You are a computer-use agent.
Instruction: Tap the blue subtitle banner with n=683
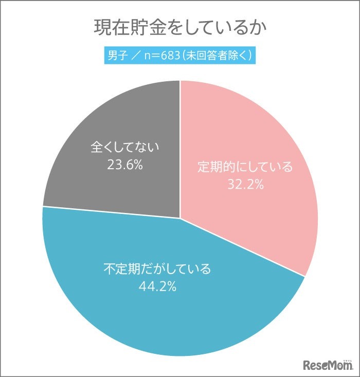[180, 55]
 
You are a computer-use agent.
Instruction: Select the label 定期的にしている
[245, 167]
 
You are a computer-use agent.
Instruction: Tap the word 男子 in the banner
[117, 55]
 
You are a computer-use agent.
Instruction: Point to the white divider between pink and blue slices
[242, 247]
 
